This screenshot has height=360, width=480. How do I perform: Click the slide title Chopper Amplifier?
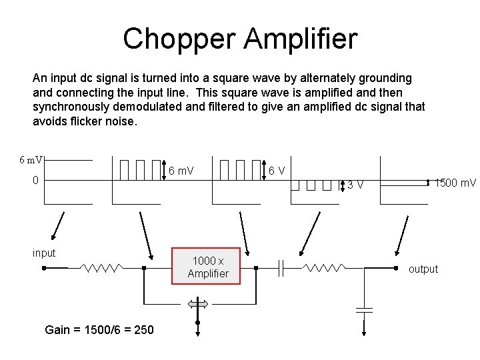[x=240, y=39]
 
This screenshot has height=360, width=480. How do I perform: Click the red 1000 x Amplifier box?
[x=208, y=267]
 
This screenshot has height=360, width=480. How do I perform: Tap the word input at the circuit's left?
[x=44, y=253]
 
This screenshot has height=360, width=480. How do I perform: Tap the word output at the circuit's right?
[x=423, y=269]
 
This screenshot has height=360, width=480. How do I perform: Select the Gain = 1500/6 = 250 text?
[x=99, y=329]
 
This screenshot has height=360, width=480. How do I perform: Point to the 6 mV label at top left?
[x=31, y=160]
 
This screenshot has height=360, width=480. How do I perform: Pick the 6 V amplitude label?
[x=277, y=171]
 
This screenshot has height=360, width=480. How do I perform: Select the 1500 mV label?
[x=455, y=183]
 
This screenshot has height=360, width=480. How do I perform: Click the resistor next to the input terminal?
[x=101, y=268]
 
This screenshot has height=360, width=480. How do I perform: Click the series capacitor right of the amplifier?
[x=281, y=268]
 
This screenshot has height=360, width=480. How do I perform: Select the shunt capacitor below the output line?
[x=364, y=309]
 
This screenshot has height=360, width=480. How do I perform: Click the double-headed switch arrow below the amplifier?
[x=198, y=304]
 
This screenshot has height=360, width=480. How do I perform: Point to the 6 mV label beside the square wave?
[x=181, y=171]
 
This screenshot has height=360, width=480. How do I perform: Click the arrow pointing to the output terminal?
[x=400, y=233]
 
